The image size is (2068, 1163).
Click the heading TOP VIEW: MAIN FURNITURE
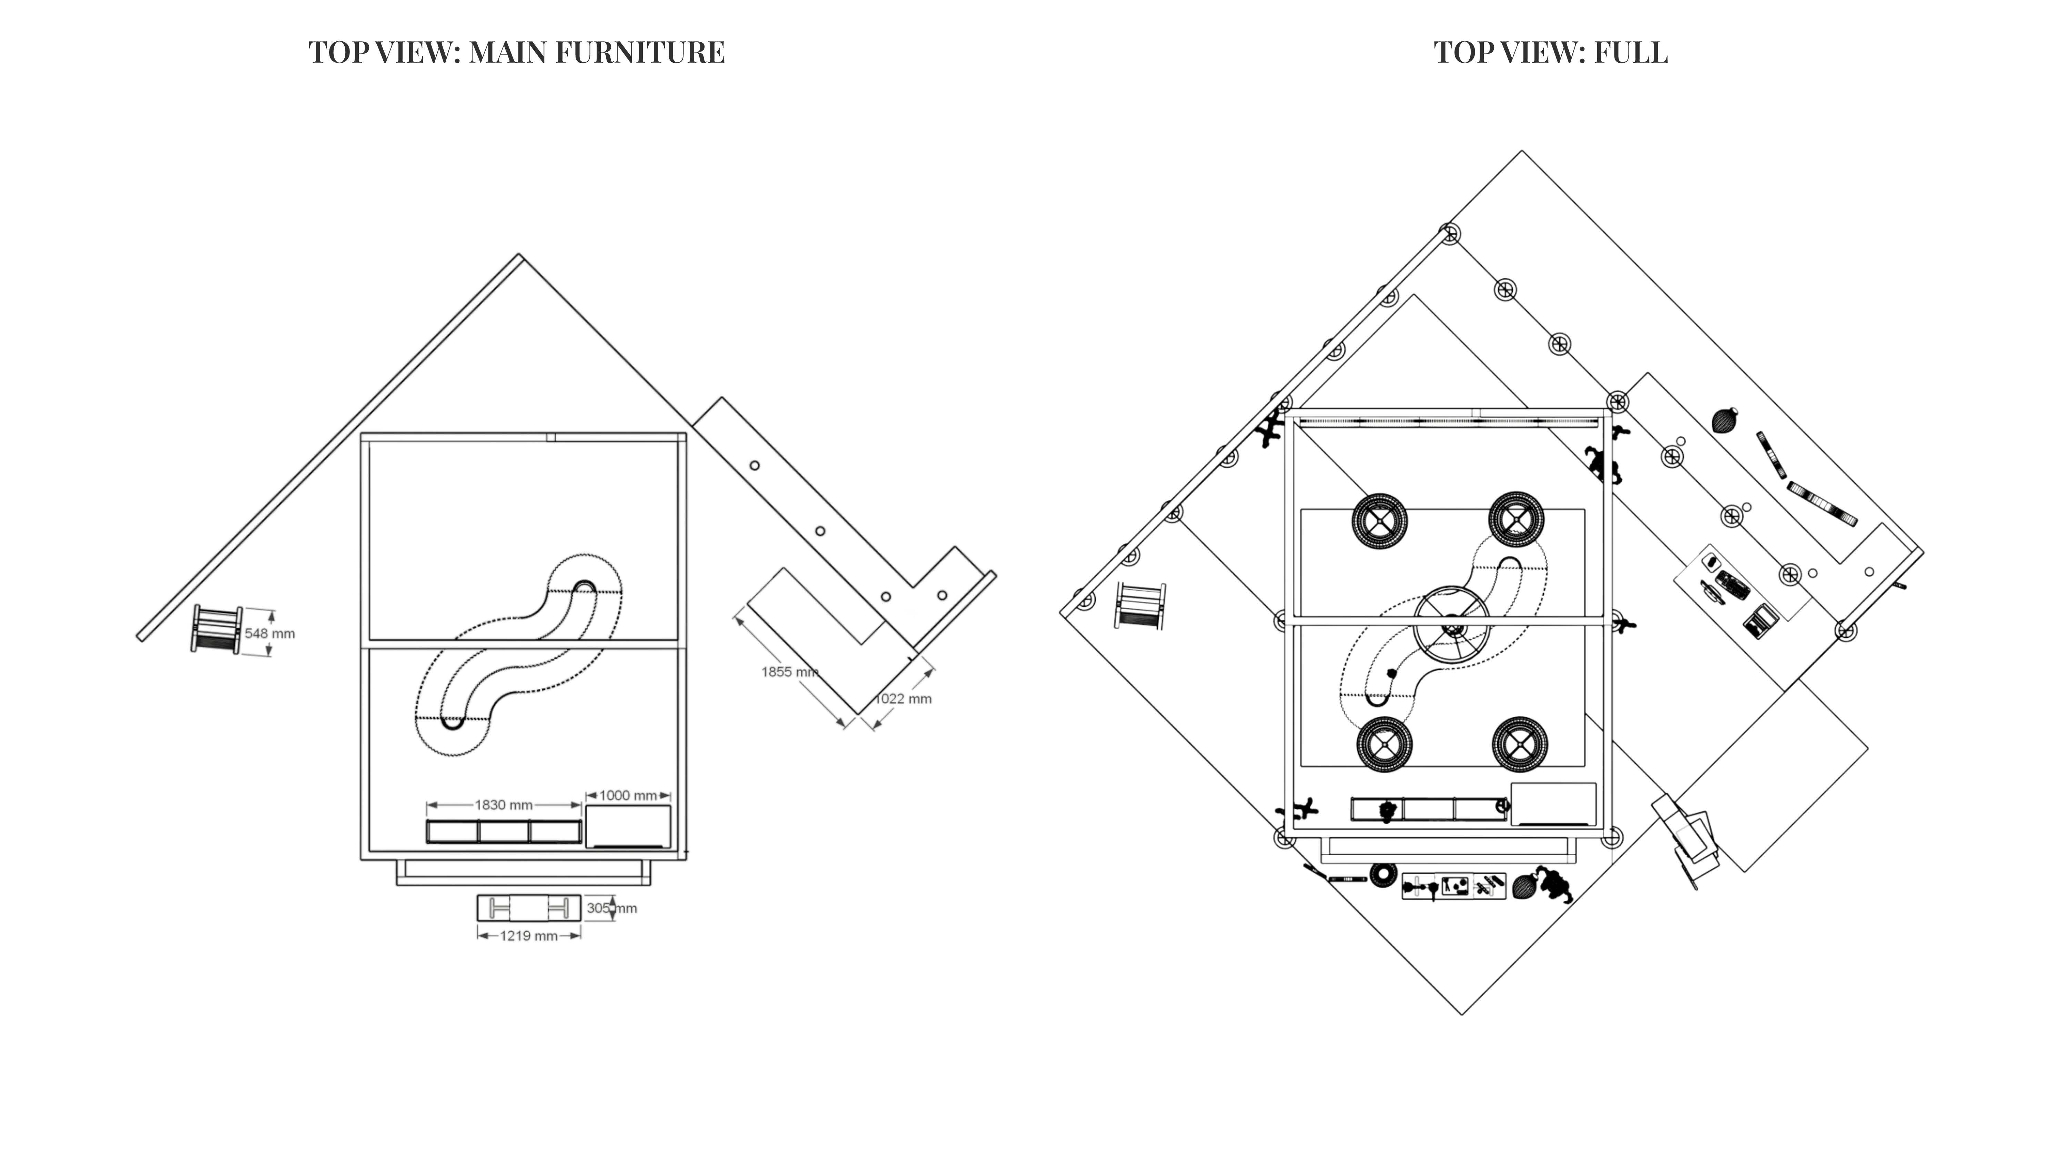pos(516,53)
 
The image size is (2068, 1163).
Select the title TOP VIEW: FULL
pos(1550,53)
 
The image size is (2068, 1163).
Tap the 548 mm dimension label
pos(270,633)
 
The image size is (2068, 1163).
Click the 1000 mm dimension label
pos(628,795)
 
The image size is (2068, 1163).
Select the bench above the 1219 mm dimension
pos(529,908)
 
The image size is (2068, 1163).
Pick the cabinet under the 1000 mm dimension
pos(628,827)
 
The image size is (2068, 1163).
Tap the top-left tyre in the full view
pos(1379,520)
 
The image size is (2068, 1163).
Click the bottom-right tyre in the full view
pos(1519,744)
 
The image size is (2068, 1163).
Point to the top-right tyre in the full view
pos(1516,519)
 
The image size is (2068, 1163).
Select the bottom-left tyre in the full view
pos(1384,744)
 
